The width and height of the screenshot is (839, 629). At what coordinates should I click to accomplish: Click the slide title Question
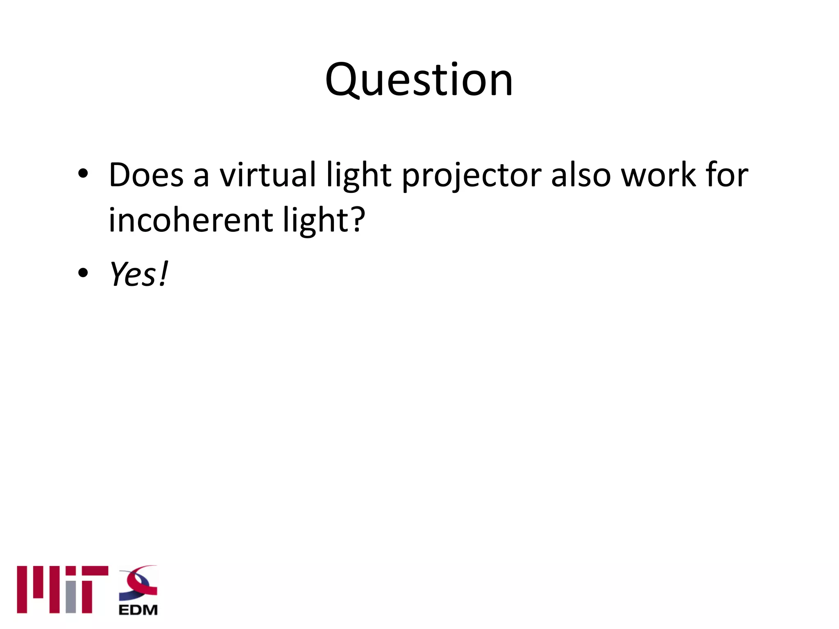tap(419, 80)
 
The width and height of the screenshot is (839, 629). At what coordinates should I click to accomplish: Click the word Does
tap(146, 175)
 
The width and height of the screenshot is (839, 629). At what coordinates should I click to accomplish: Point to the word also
tap(581, 175)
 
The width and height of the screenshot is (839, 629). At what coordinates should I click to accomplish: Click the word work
tap(659, 175)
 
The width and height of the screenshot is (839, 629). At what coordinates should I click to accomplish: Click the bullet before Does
tap(83, 174)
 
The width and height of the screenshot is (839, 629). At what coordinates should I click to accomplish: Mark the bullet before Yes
tap(83, 272)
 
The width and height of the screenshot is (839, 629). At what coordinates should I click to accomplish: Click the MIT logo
tap(62, 589)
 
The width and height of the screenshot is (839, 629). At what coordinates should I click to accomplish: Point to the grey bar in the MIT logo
tap(71, 597)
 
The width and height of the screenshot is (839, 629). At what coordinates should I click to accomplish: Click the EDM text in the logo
tap(138, 610)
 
